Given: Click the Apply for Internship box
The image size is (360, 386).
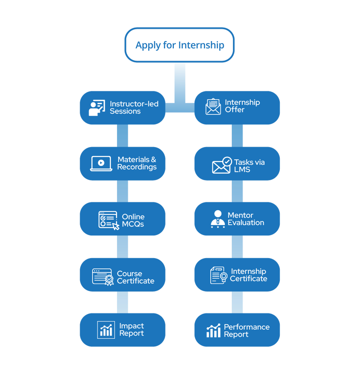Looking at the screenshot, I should pos(179,45).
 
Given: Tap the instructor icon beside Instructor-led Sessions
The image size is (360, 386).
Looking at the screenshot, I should pos(97,108).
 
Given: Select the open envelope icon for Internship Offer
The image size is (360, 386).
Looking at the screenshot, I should pos(213,107).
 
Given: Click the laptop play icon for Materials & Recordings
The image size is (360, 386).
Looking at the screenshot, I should pos(101,163).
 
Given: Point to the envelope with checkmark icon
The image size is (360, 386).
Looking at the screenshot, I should pos(222,165).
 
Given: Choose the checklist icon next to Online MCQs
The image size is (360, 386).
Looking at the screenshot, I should pos(109,220).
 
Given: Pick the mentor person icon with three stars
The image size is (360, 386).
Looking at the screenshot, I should pos(218,219).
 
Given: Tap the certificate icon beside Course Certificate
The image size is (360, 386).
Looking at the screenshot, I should pos(103,277).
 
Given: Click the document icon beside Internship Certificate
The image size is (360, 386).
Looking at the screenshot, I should pos(218,275).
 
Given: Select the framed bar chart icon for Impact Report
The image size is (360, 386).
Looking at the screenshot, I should pos(106,330).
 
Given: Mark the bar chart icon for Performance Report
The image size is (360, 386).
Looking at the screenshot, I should pos(213,330).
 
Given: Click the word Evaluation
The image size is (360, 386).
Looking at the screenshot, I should pos(246,223).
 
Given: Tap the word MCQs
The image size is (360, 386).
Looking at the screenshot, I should pos(133,224).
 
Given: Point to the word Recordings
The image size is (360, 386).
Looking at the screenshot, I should pos(137,167).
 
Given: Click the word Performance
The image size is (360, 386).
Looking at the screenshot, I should pos(246,327).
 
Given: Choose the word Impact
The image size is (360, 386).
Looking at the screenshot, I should pos(132,326).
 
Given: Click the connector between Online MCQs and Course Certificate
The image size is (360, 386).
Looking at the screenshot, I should pos(122,247).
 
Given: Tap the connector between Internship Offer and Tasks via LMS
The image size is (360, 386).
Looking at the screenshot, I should pos(237,136).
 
